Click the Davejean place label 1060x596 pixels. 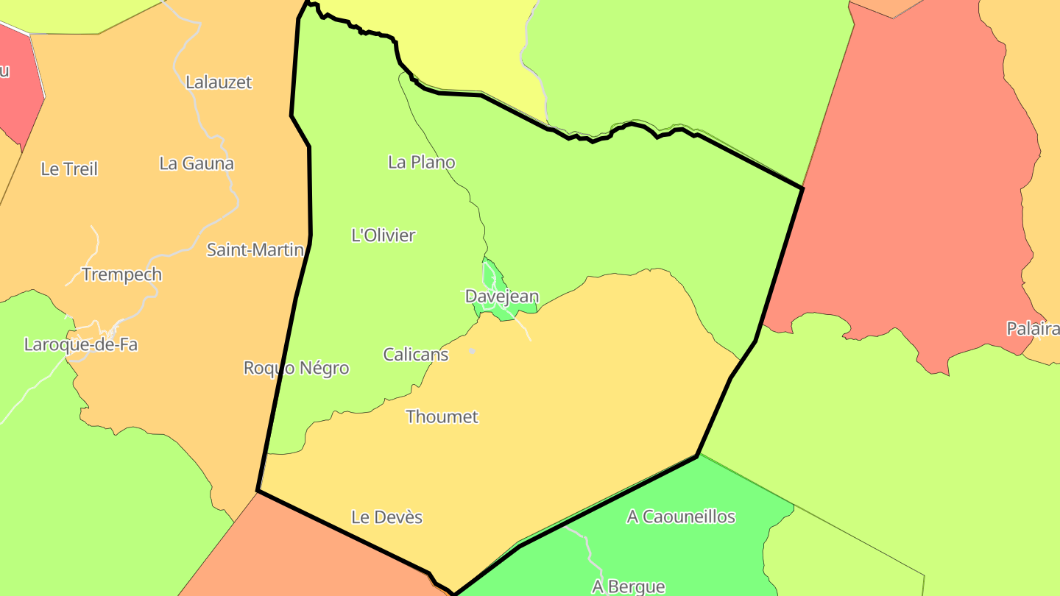click(x=502, y=297)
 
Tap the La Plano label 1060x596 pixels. click(x=422, y=162)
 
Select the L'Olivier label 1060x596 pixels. click(x=384, y=235)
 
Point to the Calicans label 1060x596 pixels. click(x=416, y=354)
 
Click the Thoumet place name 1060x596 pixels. click(x=442, y=416)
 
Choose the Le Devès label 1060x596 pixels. click(x=387, y=517)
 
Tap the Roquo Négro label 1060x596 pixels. click(x=297, y=368)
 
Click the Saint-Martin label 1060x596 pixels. click(x=255, y=249)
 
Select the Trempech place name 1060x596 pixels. click(x=122, y=274)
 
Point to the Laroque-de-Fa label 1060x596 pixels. click(x=81, y=344)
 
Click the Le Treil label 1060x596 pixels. click(x=69, y=168)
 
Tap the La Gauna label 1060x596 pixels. click(x=197, y=163)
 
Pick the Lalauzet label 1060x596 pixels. click(x=219, y=82)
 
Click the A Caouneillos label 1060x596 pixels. click(x=681, y=517)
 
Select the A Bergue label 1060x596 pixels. click(x=629, y=586)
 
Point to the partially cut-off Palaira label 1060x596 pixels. click(x=1033, y=329)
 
